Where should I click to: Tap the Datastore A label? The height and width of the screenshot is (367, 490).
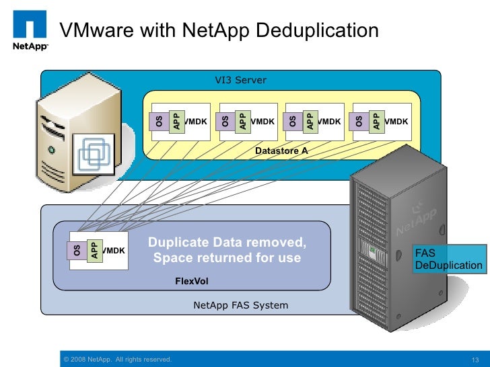281,151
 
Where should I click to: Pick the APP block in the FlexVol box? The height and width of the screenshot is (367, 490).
94,251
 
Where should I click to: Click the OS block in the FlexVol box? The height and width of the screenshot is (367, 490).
77,251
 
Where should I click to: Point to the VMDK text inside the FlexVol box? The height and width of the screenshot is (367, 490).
114,251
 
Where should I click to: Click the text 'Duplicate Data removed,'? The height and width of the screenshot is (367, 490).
227,243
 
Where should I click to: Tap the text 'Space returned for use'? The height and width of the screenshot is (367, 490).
227,258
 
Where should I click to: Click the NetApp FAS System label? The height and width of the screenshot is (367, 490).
240,305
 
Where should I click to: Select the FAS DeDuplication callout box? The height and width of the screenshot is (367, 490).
448,259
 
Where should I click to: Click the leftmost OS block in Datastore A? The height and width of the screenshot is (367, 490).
159,122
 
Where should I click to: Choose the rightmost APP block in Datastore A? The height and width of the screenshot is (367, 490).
376,121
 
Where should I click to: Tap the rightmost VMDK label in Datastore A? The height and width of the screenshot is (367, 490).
396,122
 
